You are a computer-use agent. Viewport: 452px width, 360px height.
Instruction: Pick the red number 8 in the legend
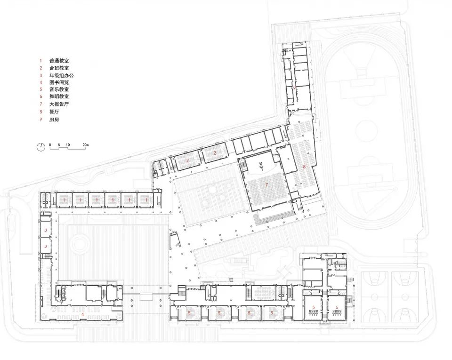pyautogui.click(x=40, y=112)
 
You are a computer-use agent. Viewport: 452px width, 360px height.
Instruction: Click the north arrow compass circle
pyautogui.click(x=41, y=146)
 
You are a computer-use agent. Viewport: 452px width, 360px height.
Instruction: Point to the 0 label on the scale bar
pyautogui.click(x=50, y=143)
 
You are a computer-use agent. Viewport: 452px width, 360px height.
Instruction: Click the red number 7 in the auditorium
pyautogui.click(x=266, y=185)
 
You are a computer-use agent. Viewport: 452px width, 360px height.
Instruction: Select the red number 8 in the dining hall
pyautogui.click(x=305, y=167)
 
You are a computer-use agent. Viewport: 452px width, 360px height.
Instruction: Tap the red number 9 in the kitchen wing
pyautogui.click(x=294, y=88)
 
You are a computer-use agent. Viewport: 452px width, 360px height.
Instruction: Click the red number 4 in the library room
pyautogui.click(x=82, y=313)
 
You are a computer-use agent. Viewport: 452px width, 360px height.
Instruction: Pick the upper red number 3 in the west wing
pyautogui.click(x=45, y=230)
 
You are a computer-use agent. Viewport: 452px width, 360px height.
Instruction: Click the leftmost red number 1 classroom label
pyautogui.click(x=63, y=200)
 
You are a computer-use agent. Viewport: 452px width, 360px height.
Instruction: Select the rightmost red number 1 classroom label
pyautogui.click(x=146, y=200)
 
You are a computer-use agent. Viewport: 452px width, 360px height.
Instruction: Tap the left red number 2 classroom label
pyautogui.click(x=187, y=161)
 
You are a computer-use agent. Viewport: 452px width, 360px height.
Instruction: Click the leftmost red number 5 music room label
pyautogui.click(x=189, y=312)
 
